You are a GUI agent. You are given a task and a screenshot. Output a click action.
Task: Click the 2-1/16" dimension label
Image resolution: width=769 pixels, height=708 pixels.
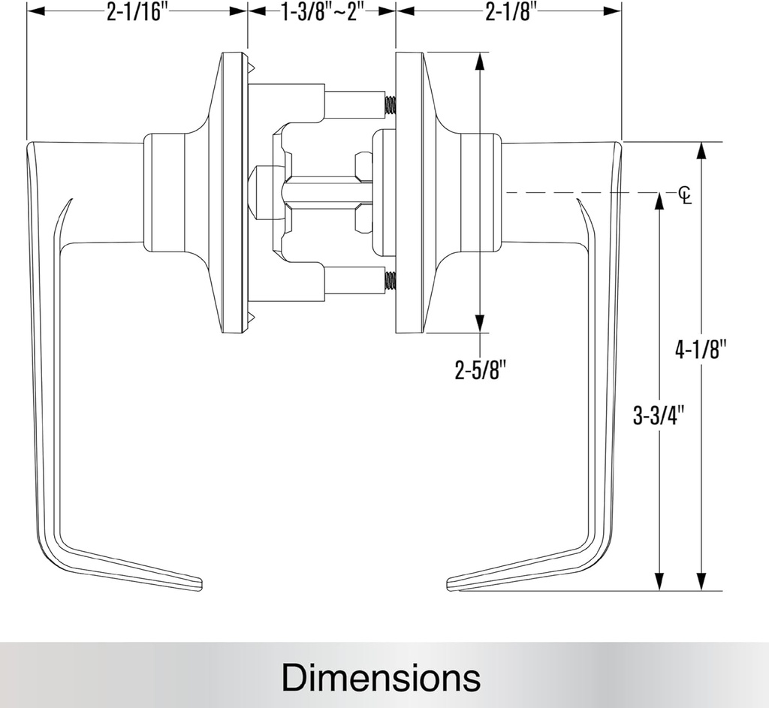(x=136, y=13)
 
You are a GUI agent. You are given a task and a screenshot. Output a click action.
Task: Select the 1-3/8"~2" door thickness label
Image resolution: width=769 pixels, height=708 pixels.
(x=321, y=13)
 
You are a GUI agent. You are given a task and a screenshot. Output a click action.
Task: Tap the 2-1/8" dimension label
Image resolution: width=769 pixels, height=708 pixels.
(x=508, y=13)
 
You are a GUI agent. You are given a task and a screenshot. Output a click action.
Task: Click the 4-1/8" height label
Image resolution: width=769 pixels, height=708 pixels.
(x=702, y=350)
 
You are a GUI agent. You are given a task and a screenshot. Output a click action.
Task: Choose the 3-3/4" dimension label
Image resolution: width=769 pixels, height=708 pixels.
(x=660, y=415)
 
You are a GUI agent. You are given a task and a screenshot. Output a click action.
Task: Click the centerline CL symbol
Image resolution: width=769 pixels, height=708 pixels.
(x=684, y=194)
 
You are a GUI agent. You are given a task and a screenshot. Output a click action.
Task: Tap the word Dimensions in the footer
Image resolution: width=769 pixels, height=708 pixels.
(x=381, y=677)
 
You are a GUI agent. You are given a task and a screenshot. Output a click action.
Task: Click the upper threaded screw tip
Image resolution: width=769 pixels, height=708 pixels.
(x=390, y=106)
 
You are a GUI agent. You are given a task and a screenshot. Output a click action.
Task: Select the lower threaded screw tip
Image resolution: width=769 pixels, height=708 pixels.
(x=390, y=281)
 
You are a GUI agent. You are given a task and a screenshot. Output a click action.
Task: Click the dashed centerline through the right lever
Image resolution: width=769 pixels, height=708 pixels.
(x=571, y=193)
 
